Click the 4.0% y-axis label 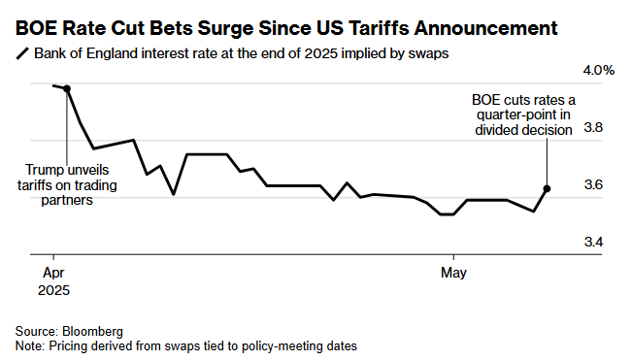coord(598,71)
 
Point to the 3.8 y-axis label coord(593,127)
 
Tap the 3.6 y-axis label coord(593,184)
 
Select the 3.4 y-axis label coord(593,242)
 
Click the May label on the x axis coord(453,273)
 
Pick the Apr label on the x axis coord(53,273)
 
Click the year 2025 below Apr coord(53,290)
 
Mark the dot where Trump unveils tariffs coord(67,88)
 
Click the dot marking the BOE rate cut coord(547,188)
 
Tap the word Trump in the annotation coord(43,170)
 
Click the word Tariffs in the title coord(379,28)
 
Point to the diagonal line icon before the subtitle coord(22,53)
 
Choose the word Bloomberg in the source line coord(92,332)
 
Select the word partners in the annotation coord(67,200)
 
